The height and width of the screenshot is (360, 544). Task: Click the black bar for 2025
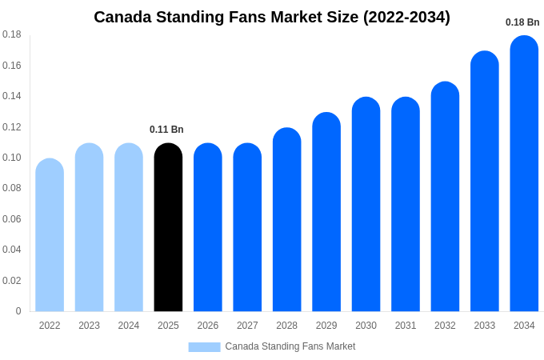[168, 228]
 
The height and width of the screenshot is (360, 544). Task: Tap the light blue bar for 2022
[50, 235]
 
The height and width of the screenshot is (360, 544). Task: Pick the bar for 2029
[326, 212]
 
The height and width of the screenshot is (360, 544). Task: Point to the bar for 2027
[247, 228]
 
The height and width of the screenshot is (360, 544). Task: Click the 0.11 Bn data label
[166, 130]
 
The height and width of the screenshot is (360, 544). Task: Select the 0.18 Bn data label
[522, 22]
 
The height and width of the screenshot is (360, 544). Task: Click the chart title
[272, 17]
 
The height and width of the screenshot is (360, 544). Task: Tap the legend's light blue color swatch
[204, 347]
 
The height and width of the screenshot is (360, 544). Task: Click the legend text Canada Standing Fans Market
[290, 346]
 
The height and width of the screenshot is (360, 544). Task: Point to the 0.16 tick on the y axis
[12, 66]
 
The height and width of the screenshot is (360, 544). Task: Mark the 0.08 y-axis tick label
[12, 188]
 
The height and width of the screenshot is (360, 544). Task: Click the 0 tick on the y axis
[18, 311]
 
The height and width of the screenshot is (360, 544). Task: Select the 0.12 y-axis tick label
[12, 127]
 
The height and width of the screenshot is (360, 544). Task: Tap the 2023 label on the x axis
[89, 326]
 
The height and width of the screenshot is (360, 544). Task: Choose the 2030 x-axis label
[366, 326]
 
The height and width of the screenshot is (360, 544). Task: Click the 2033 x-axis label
[484, 326]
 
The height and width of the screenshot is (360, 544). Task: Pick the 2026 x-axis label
[207, 326]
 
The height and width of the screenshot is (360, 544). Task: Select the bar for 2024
[129, 228]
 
